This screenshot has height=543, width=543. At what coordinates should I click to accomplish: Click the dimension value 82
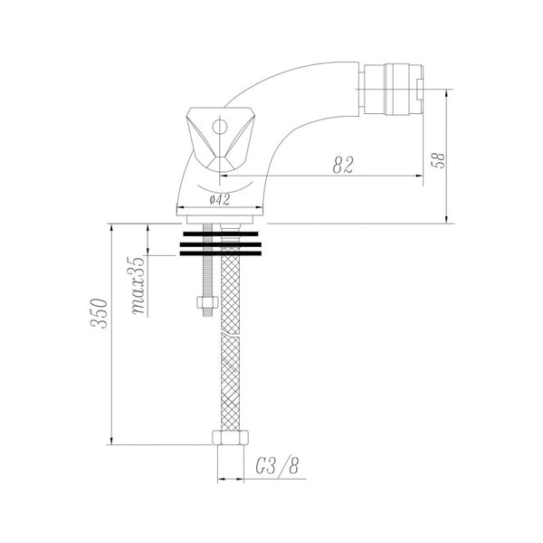343,165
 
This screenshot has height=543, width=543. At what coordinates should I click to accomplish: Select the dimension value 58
438,160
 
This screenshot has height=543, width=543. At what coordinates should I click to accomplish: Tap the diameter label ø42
219,199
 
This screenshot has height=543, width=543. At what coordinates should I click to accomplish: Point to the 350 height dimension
99,313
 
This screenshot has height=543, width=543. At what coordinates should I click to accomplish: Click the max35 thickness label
138,285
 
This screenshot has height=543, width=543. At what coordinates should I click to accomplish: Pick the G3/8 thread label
277,466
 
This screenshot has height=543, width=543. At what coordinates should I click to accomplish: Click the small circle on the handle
220,127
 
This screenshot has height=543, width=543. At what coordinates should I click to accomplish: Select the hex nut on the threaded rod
207,302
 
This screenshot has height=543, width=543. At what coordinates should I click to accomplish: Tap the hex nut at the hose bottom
230,437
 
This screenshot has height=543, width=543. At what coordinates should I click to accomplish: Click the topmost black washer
221,234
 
